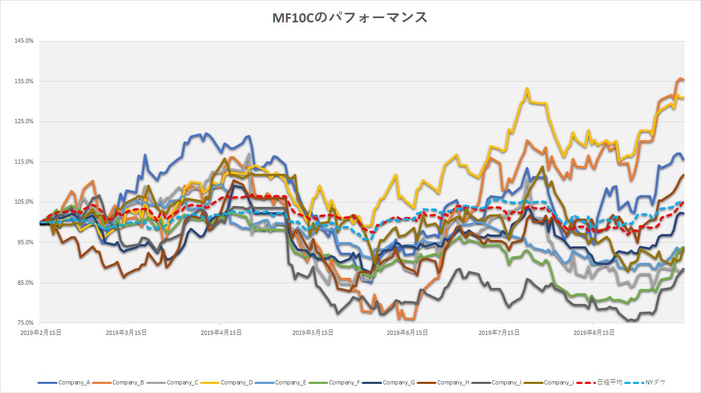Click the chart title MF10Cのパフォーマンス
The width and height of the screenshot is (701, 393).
pos(350,18)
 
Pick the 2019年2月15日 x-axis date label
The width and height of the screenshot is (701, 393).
pos(40,333)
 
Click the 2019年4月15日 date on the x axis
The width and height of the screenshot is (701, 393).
pos(219,333)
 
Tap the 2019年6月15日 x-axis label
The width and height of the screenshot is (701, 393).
pos(407,333)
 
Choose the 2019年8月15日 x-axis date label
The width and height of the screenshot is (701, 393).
pos(593,333)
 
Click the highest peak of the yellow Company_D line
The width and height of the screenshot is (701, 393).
pos(527,89)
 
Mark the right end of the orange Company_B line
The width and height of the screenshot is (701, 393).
pos(684,80)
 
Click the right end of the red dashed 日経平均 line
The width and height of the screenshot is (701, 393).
pos(684,202)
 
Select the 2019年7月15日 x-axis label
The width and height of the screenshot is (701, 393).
pos(499,333)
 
